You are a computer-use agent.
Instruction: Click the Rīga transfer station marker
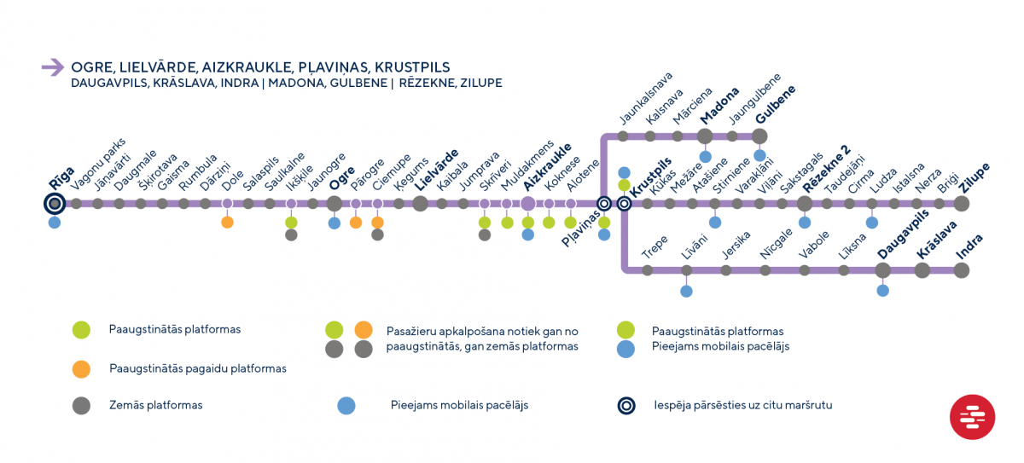click(x=55, y=204)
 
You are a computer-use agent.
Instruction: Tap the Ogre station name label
click(x=342, y=178)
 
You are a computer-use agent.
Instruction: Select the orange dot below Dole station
click(x=227, y=223)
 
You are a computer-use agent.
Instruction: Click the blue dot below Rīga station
click(x=55, y=223)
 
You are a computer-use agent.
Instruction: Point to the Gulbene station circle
click(x=759, y=136)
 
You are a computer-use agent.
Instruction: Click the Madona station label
click(x=719, y=106)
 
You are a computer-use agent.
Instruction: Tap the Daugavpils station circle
click(x=882, y=270)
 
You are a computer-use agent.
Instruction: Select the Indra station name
click(x=969, y=247)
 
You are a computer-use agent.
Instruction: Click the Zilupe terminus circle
click(x=962, y=204)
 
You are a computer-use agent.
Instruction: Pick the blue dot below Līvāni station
click(x=686, y=291)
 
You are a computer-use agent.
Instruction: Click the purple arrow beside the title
click(x=53, y=67)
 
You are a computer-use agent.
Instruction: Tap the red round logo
click(x=972, y=417)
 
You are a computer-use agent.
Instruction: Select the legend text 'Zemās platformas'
click(x=155, y=405)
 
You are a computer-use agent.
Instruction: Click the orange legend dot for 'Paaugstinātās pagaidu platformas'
click(x=81, y=369)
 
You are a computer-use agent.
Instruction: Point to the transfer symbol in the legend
click(x=626, y=406)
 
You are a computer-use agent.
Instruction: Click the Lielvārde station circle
click(x=420, y=204)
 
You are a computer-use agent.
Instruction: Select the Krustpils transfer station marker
click(x=624, y=204)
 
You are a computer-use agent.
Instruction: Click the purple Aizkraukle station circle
click(x=528, y=204)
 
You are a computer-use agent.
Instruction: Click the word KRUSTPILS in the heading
click(x=412, y=67)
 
